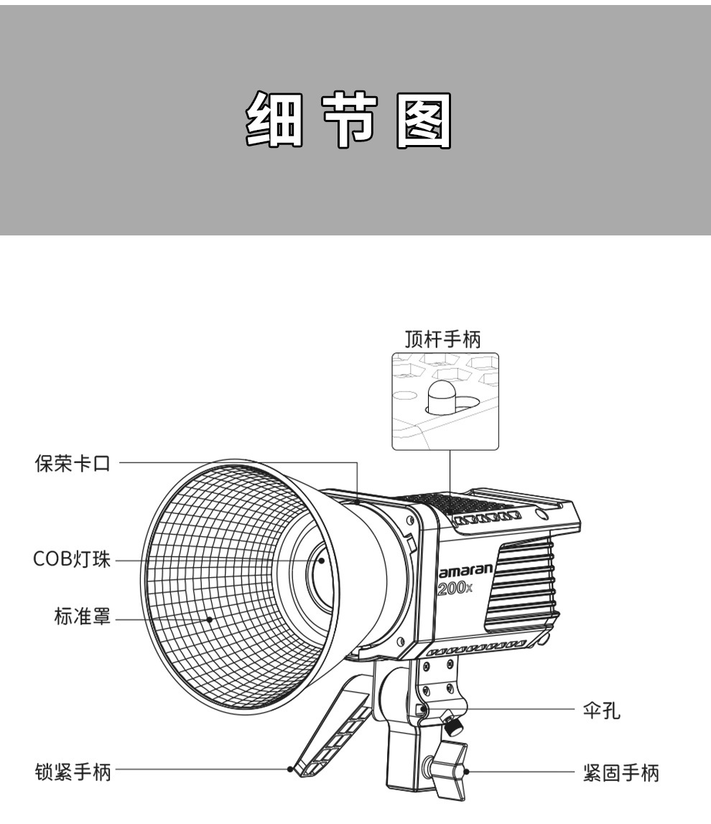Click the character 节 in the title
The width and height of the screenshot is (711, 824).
pos(349,120)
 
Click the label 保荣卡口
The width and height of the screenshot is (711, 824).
pos(73,464)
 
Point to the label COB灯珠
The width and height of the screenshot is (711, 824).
pos(72,560)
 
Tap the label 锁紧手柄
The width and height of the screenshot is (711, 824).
pos(73,772)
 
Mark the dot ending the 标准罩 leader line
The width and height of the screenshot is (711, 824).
pos(210,618)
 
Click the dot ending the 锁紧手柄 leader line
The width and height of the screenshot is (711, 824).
pos(289,770)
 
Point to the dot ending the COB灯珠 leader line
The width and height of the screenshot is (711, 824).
pos(322,561)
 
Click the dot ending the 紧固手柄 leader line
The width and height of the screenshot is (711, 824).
pos(467,772)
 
